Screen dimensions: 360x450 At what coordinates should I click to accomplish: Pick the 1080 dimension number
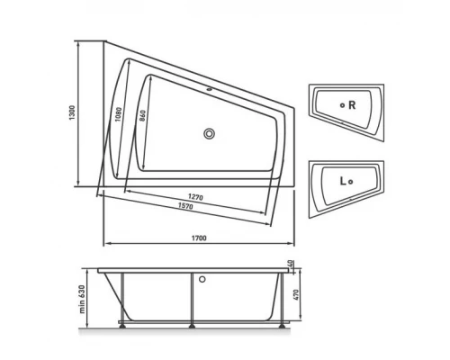click(x=119, y=114)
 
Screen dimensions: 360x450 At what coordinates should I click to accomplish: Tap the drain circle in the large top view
click(x=209, y=135)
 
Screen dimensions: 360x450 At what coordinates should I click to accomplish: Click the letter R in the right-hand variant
click(x=354, y=105)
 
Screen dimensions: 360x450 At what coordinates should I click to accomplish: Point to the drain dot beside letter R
click(x=342, y=105)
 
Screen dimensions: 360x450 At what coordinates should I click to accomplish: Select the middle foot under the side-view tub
click(x=191, y=326)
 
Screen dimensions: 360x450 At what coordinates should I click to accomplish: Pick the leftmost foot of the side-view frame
click(x=123, y=326)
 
